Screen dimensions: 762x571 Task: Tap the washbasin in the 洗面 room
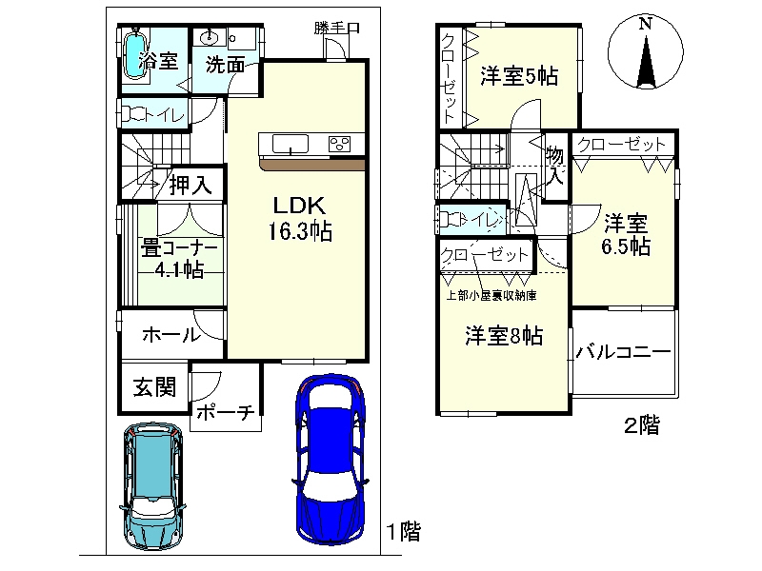pyautogui.click(x=210, y=36)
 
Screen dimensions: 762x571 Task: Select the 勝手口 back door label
pyautogui.click(x=337, y=28)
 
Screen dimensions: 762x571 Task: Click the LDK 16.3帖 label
pyautogui.click(x=300, y=219)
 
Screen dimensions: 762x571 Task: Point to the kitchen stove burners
pyautogui.click(x=339, y=144)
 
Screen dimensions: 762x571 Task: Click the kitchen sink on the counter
pyautogui.click(x=291, y=144)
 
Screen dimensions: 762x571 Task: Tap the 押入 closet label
pyautogui.click(x=190, y=185)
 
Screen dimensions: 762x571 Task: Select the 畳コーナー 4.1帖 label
pyautogui.click(x=179, y=259)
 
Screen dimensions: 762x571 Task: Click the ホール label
pyautogui.click(x=171, y=335)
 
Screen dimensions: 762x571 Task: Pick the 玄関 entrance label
pyautogui.click(x=154, y=387)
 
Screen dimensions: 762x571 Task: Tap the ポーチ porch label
pyautogui.click(x=226, y=413)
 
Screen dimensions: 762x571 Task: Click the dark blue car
pyautogui.click(x=331, y=460)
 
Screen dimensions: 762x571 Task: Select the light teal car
pyautogui.click(x=153, y=485)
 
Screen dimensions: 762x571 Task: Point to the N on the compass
pyautogui.click(x=645, y=23)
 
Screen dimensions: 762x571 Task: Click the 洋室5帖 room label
pyautogui.click(x=519, y=76)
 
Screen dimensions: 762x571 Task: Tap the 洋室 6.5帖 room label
pyautogui.click(x=626, y=235)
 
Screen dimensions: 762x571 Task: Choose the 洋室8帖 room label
pyautogui.click(x=504, y=336)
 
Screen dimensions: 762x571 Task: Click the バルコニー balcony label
pyautogui.click(x=624, y=351)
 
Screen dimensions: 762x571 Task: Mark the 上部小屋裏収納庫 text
pyautogui.click(x=491, y=295)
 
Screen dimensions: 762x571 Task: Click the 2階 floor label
pyautogui.click(x=642, y=425)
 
